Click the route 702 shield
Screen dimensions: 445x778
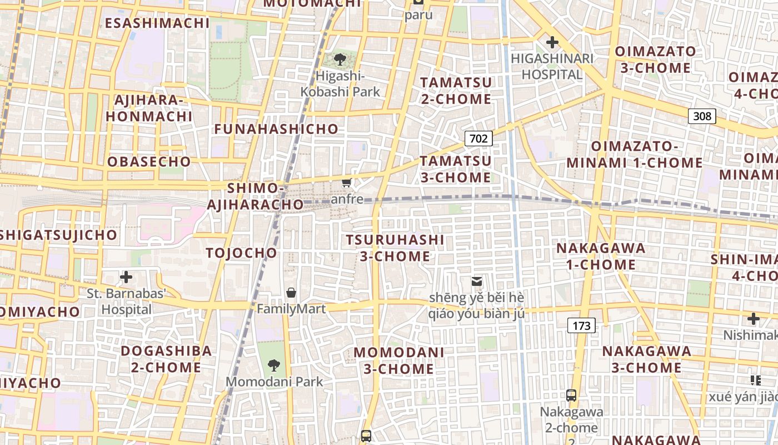(x=478, y=139)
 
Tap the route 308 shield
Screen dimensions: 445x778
(x=702, y=116)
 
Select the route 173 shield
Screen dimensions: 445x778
(x=581, y=325)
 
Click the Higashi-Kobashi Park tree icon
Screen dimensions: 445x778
(x=340, y=59)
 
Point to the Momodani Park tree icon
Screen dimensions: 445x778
(x=273, y=365)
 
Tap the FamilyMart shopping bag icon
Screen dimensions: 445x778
(x=291, y=293)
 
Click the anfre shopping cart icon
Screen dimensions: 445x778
(x=347, y=182)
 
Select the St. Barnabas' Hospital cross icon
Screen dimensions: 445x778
(x=126, y=276)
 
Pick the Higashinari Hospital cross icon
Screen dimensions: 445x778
(x=552, y=42)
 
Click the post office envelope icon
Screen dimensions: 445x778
(x=476, y=281)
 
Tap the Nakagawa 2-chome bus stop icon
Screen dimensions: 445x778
(x=571, y=395)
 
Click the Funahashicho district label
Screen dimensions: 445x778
(x=276, y=129)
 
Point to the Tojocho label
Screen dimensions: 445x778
(x=241, y=253)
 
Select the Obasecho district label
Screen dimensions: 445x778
(x=149, y=162)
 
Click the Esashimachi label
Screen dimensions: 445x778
(x=157, y=23)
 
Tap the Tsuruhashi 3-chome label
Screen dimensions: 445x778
(x=395, y=248)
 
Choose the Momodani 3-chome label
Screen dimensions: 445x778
(x=399, y=360)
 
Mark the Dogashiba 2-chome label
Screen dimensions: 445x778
(x=166, y=359)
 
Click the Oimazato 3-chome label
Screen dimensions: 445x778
(x=655, y=60)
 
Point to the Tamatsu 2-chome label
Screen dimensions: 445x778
(x=456, y=91)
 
